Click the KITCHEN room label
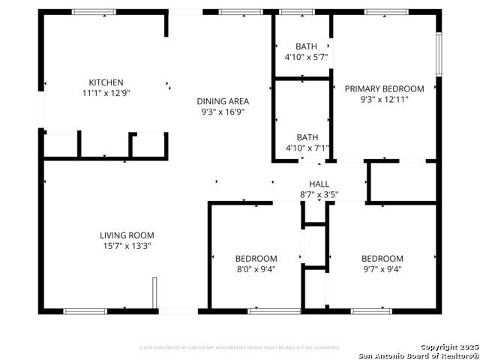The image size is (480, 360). pos(106,82)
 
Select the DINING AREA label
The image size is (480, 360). pos(223,101)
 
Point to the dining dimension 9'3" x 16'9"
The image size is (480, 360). pos(223,112)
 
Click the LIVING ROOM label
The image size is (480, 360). pos(127,235)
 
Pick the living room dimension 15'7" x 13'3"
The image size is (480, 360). pos(127,246)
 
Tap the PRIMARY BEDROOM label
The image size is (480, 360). pos(384,88)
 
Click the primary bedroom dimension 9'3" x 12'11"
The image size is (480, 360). pos(384,100)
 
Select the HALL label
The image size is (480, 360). pos(319,184)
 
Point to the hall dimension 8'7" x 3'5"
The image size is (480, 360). pos(319,195)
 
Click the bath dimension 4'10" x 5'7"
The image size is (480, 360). pos(306,57)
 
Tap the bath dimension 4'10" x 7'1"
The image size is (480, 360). pos(306,148)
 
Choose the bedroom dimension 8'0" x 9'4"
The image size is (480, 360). pos(256,270)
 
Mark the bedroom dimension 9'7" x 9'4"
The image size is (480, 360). pos(382,270)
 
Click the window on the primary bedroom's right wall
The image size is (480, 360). pos(439,53)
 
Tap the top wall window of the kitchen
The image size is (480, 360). pos(94,12)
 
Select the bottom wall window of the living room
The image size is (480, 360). pos(85,310)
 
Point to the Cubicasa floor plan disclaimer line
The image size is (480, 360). pos(240,348)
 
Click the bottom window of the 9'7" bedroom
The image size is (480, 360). pos(371,310)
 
